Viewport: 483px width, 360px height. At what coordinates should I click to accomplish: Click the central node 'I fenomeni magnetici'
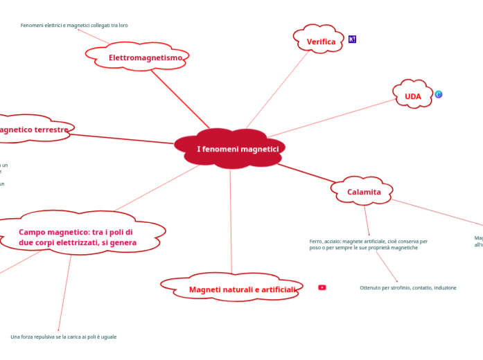237,149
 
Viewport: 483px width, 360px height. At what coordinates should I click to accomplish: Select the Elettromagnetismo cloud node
145,57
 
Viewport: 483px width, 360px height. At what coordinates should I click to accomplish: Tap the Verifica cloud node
321,42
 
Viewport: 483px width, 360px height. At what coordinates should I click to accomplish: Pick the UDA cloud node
412,96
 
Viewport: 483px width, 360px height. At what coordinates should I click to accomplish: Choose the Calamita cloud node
364,192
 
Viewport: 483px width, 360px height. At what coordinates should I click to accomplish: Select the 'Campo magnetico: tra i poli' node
76,237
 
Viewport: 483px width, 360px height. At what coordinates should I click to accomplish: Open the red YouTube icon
322,287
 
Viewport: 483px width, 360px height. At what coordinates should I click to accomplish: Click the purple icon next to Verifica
352,39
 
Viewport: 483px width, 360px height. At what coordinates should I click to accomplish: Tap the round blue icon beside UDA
439,94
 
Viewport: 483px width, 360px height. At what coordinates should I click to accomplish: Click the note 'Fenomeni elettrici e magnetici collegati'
74,26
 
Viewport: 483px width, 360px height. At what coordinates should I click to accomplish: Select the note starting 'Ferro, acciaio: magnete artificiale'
368,244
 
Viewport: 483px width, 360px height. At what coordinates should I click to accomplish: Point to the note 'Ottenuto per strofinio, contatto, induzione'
407,287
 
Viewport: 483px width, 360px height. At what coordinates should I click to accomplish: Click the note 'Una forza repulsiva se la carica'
64,337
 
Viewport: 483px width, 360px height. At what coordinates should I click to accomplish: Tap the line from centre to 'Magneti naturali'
231,222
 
